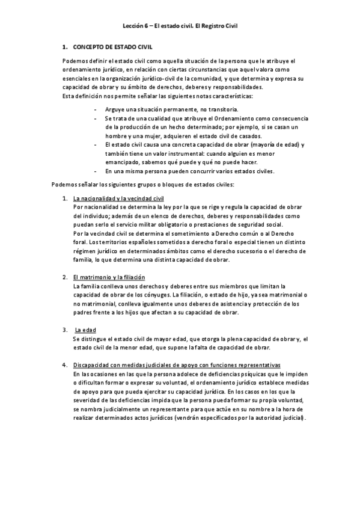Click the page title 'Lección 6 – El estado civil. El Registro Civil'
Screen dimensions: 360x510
pyautogui.click(x=181, y=26)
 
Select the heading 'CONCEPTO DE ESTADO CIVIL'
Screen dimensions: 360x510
pyautogui.click(x=112, y=46)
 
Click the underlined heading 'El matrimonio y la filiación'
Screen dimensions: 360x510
pyautogui.click(x=109, y=277)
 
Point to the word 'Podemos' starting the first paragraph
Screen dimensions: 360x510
pyautogui.click(x=75, y=61)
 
